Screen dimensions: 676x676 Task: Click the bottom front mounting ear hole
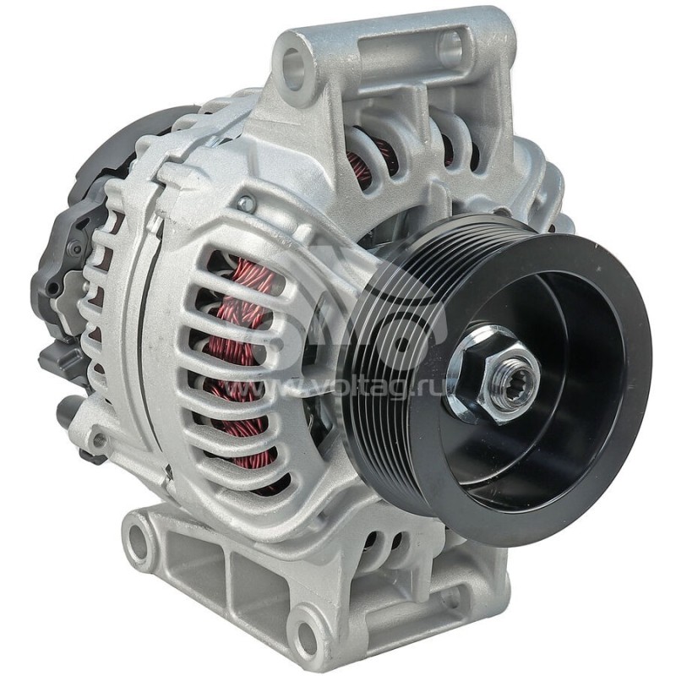click(x=307, y=632)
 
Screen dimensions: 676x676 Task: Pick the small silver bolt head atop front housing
click(x=246, y=204)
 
